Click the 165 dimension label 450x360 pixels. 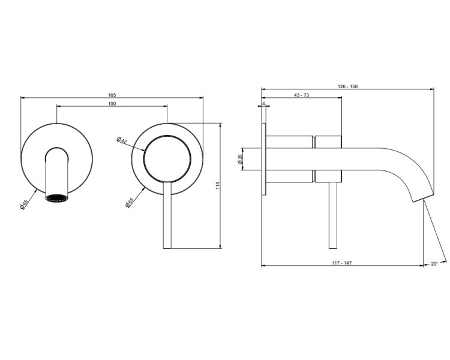pyautogui.click(x=112, y=95)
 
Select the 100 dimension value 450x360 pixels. pyautogui.click(x=112, y=104)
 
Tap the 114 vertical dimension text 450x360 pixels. pyautogui.click(x=217, y=185)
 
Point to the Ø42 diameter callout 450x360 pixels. pyautogui.click(x=122, y=140)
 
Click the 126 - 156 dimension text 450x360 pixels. pyautogui.click(x=348, y=86)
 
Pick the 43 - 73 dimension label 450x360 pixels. pyautogui.click(x=302, y=95)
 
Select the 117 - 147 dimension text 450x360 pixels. pyautogui.click(x=342, y=263)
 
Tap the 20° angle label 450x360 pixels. pyautogui.click(x=434, y=263)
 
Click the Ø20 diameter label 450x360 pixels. pyautogui.click(x=240, y=159)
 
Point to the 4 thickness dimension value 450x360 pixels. pyautogui.click(x=263, y=103)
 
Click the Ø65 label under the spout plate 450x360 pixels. pyautogui.click(x=24, y=205)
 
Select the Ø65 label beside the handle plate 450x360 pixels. pyautogui.click(x=130, y=203)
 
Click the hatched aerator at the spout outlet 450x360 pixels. pyautogui.click(x=57, y=198)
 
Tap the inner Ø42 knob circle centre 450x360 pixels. pyautogui.click(x=167, y=159)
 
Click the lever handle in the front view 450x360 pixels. pyautogui.click(x=167, y=215)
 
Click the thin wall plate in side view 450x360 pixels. pyautogui.click(x=264, y=160)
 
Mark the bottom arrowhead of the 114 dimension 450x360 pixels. pyautogui.click(x=220, y=247)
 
